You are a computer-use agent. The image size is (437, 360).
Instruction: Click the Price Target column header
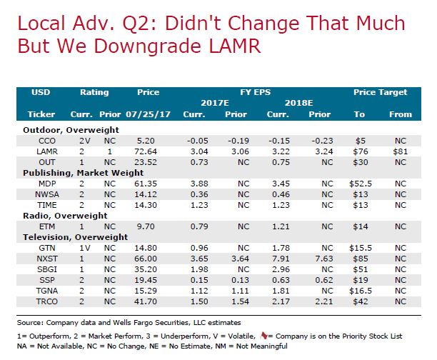(x=380, y=92)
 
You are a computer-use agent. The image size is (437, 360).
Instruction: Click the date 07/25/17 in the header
(x=148, y=114)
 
